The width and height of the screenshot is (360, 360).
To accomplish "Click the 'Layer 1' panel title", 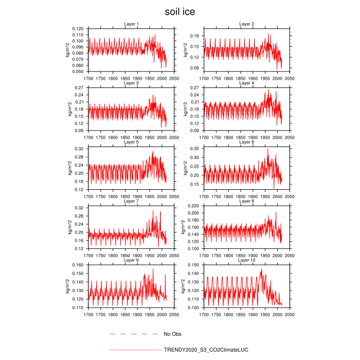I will [131, 24].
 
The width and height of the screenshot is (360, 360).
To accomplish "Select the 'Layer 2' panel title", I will [247, 24].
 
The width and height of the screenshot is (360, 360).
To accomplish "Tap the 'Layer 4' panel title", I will [247, 83].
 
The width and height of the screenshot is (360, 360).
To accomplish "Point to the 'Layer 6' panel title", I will [247, 142].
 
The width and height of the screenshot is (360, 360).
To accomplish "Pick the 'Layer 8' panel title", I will [247, 201].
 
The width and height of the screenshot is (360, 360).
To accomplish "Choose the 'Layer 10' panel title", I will [247, 260].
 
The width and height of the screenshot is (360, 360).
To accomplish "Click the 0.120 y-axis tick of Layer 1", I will [78, 28].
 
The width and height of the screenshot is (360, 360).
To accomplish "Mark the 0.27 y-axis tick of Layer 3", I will [80, 88].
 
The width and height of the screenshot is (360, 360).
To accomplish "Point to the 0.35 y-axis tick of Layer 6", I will [196, 149].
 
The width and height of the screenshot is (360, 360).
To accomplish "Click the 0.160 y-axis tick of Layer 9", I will [78, 265].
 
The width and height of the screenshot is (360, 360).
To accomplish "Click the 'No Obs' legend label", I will [173, 334].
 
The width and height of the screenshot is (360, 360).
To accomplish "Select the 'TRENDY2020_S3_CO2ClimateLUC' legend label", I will [206, 350].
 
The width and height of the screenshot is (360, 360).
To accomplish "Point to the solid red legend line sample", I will [135, 350].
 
